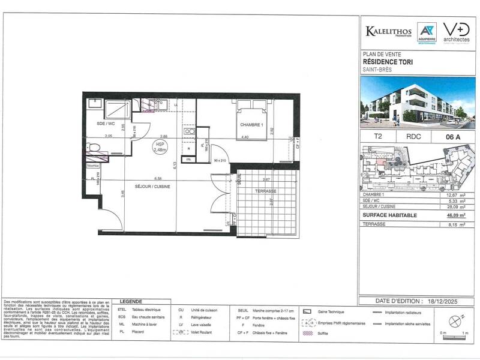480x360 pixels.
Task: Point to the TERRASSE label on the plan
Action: (x=265, y=191)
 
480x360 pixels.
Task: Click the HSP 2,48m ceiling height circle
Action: (x=160, y=147)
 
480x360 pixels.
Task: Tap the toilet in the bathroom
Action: (x=94, y=149)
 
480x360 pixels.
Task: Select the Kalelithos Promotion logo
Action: (x=388, y=31)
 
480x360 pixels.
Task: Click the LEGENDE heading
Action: (x=131, y=301)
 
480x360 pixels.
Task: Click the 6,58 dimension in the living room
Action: (x=158, y=178)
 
